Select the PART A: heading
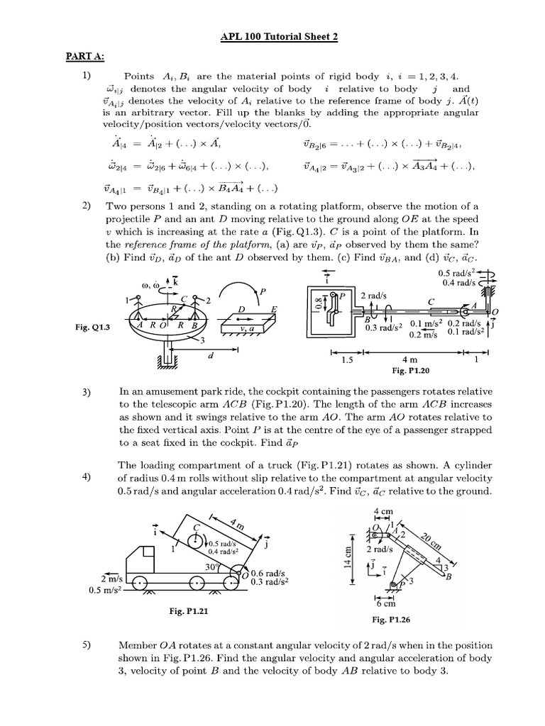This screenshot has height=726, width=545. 85,57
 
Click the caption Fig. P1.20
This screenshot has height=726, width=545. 412,370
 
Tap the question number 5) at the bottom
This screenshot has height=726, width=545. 86,647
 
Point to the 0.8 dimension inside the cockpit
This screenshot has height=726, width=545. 317,306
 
